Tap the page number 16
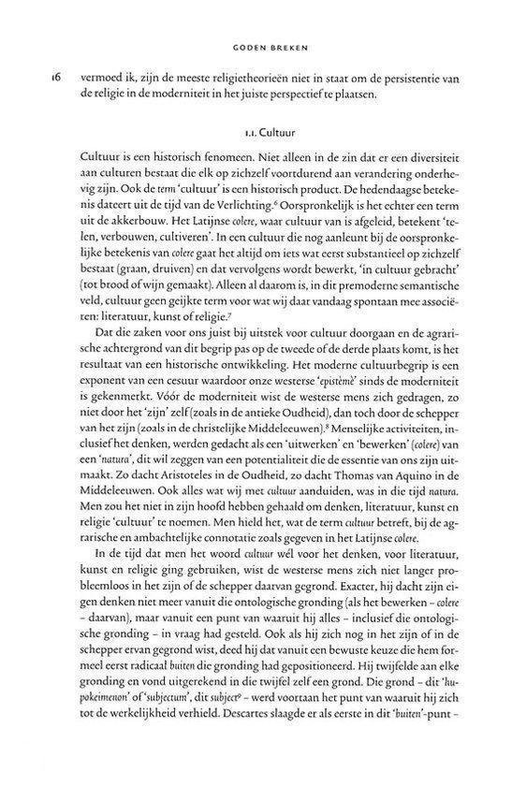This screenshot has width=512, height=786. coord(36,83)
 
